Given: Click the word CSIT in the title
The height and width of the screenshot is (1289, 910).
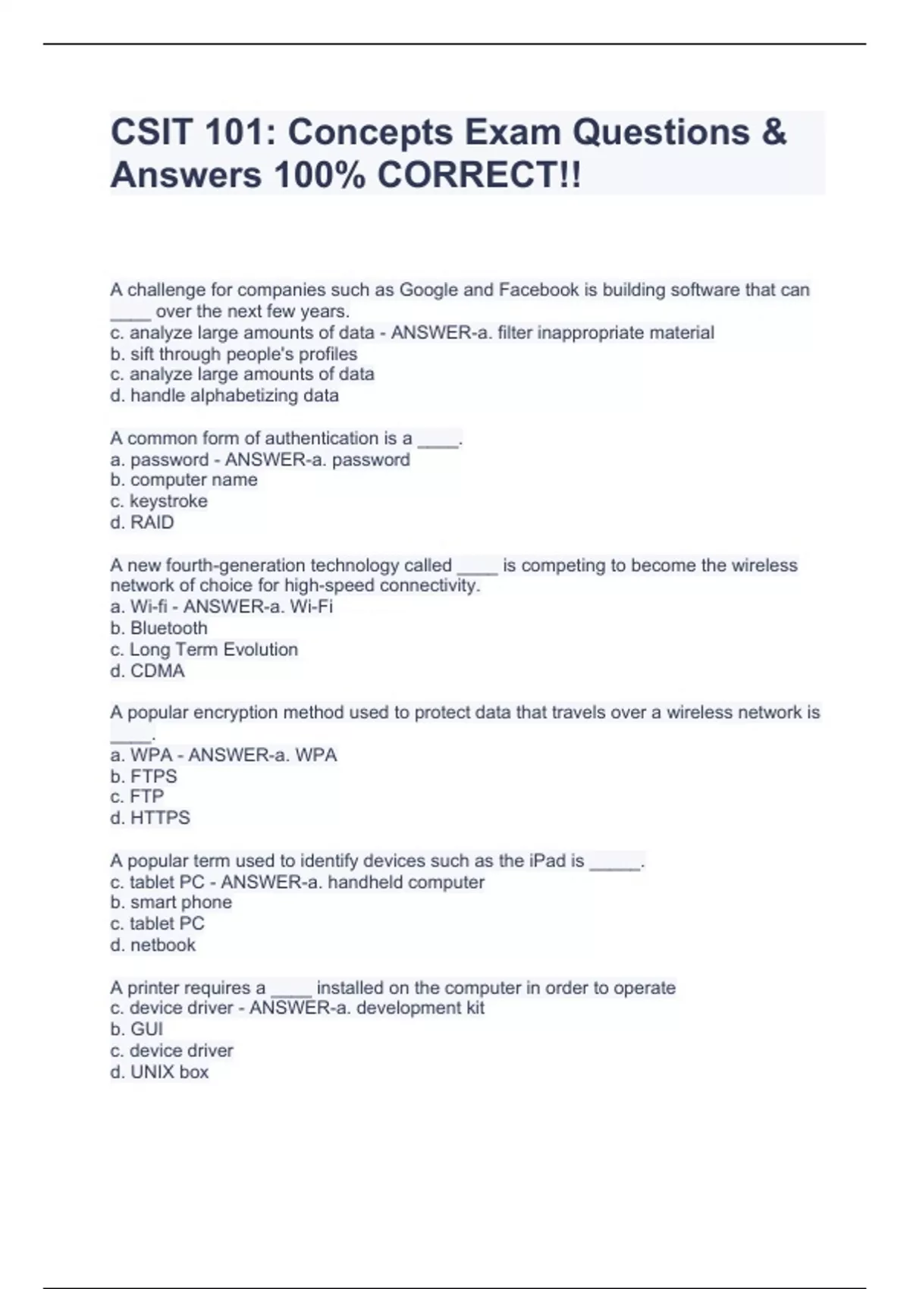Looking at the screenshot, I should coord(152,133).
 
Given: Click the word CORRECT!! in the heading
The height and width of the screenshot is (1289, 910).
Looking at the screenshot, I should coord(479,176).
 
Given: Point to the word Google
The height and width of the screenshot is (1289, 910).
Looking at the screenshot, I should coord(428,290).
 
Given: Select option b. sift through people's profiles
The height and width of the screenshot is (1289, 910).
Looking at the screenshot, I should coord(234,354).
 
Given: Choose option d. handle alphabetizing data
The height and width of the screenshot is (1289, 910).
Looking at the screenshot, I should coord(224,396).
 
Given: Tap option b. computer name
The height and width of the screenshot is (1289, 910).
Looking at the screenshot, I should coord(184,480).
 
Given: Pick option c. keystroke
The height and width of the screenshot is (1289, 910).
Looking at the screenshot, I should coord(158,501).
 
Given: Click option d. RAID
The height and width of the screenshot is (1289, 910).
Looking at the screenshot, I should coord(142,522).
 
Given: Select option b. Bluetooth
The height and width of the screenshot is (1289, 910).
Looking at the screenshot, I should coord(158,628).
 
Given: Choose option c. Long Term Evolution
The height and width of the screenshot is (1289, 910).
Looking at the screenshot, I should coord(204,649).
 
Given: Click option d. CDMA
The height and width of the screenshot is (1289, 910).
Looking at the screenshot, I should coord(147,671).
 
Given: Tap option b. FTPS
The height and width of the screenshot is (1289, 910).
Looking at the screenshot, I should coord(143,776).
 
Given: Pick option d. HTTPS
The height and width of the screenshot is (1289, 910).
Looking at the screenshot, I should coord(150,818).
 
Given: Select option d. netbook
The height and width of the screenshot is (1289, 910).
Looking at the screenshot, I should coord(152,945).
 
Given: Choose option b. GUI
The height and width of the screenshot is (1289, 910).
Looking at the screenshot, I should coord(136,1029).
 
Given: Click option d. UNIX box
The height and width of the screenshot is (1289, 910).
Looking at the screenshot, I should coord(159,1072).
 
